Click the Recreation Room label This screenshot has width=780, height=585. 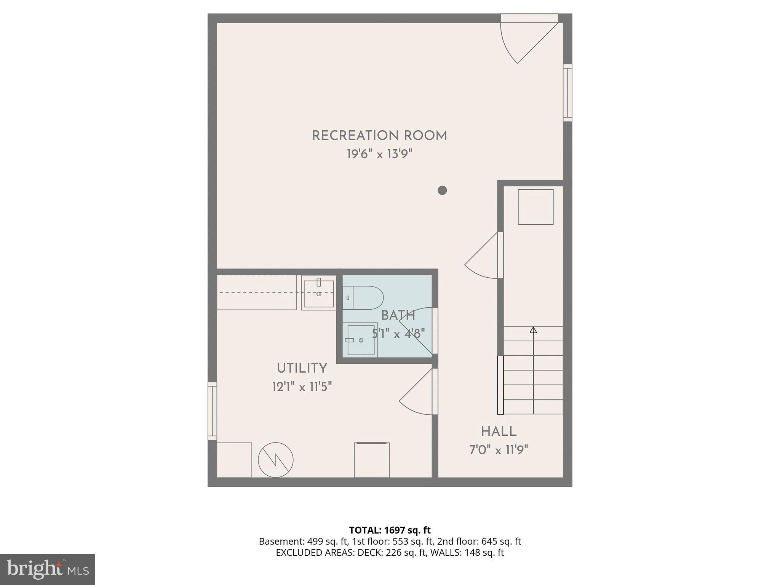point(379,136)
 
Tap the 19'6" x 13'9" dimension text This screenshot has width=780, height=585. point(379,154)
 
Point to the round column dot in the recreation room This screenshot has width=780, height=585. point(442,190)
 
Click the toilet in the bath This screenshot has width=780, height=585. point(364,298)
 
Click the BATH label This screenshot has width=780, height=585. point(398,315)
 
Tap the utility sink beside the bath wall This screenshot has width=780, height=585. point(319,294)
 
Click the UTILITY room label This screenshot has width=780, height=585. point(302,368)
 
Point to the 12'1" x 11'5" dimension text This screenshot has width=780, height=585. point(302,387)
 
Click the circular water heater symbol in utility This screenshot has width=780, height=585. point(276,460)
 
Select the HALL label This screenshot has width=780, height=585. point(499,432)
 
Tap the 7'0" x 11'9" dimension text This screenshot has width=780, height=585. point(499,451)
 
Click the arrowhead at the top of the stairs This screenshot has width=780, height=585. point(533,330)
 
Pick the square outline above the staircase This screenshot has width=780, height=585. point(535,207)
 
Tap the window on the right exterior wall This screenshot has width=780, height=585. point(567,93)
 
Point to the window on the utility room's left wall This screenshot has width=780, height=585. point(212,411)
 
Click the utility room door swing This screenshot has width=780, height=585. point(417,394)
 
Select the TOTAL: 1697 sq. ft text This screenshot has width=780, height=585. point(390,530)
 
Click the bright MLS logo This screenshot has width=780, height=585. point(48,569)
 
